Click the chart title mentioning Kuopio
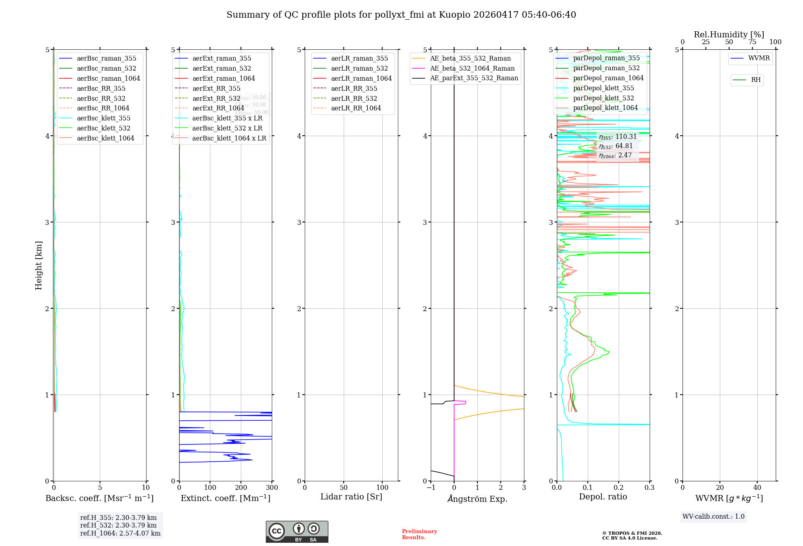click(401, 15)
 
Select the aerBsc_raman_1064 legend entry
click(108, 78)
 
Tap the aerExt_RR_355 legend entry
click(216, 88)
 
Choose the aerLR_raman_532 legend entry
click(359, 68)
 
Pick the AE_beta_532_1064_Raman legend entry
click(472, 68)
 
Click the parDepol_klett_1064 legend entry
click(605, 108)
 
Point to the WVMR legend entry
click(758, 58)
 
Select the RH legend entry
click(755, 80)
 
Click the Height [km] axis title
click(39, 265)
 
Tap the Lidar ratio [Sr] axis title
click(351, 497)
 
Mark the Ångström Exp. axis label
click(477, 499)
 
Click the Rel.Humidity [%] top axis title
click(729, 35)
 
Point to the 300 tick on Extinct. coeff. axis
click(272, 487)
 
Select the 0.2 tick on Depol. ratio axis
click(619, 487)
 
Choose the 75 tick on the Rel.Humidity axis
click(752, 42)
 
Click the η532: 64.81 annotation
click(616, 146)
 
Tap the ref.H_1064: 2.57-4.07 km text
click(120, 533)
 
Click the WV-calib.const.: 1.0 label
click(713, 516)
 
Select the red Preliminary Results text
click(419, 534)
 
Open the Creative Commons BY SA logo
click(297, 532)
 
